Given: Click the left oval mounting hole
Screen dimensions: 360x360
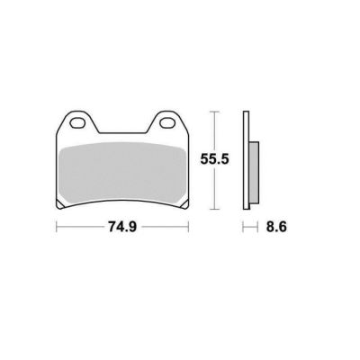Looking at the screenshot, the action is [x=77, y=123].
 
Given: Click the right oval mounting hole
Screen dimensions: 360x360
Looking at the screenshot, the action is [x=167, y=123].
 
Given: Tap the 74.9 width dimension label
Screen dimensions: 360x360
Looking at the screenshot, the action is [x=122, y=227].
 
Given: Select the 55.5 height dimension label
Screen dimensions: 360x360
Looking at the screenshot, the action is [x=214, y=159].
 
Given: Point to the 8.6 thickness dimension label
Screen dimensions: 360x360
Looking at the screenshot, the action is [x=276, y=227].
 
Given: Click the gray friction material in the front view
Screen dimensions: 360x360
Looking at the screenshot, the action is [x=122, y=174].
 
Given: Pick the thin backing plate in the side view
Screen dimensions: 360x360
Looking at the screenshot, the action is [x=246, y=160].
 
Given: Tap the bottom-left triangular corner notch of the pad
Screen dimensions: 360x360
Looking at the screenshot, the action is [x=60, y=204].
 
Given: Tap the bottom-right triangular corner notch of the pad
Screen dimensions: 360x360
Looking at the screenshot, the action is [x=184, y=204].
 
